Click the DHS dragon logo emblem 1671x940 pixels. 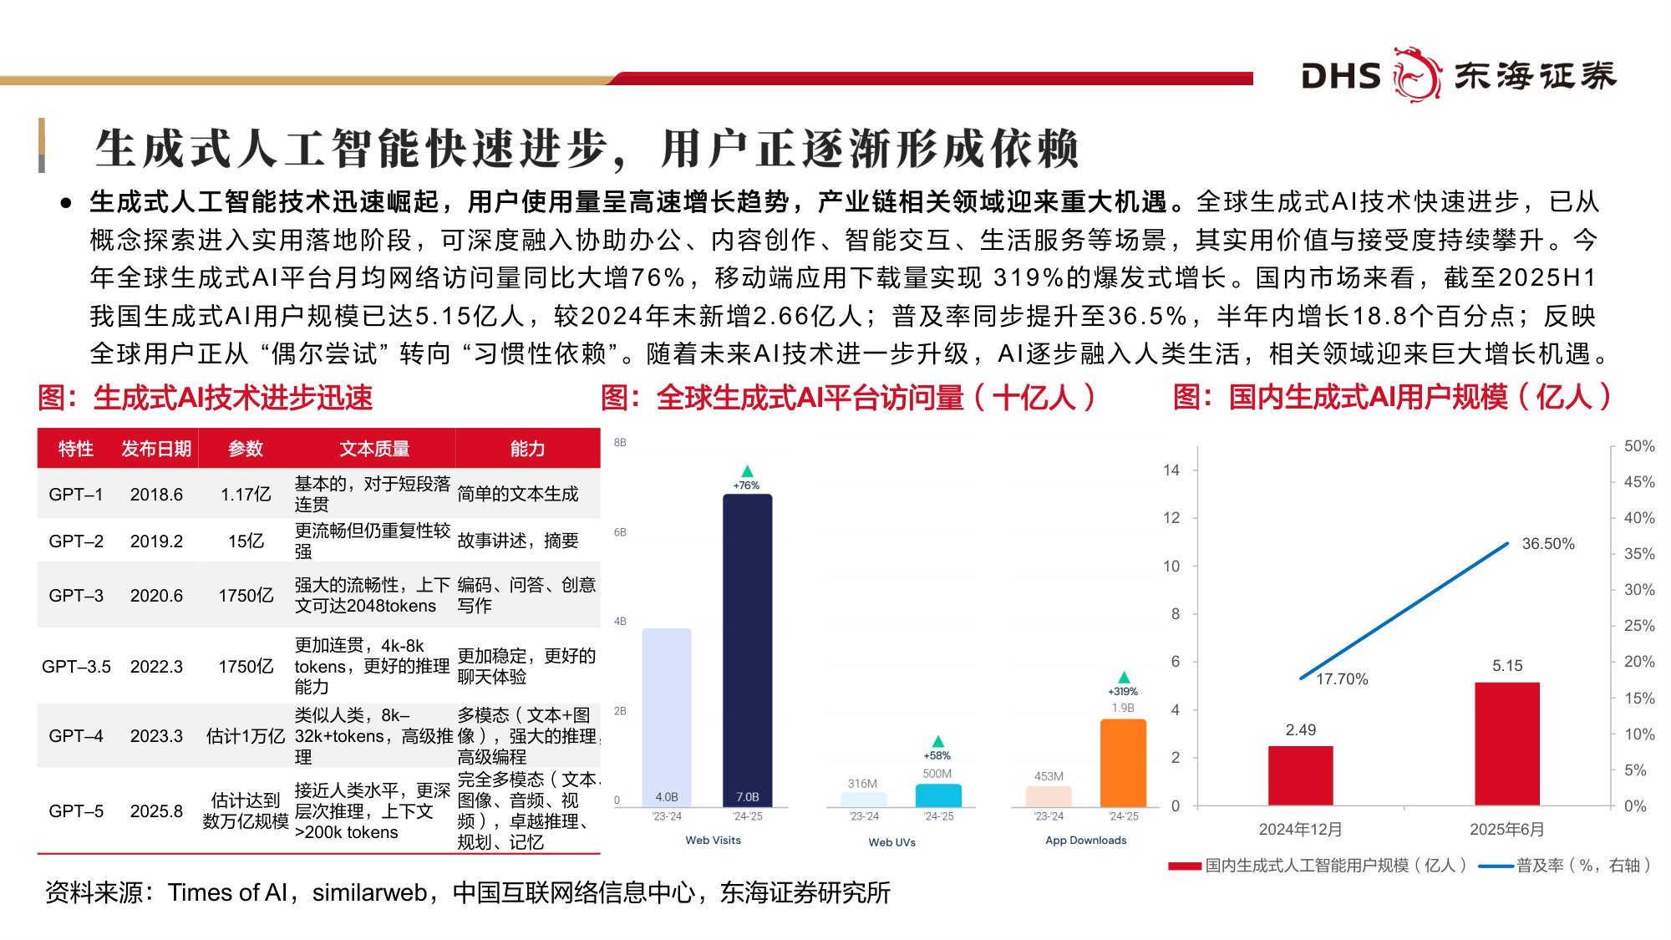[x=1416, y=75]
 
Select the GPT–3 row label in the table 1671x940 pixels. [x=76, y=596]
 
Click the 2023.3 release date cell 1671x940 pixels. [x=156, y=736]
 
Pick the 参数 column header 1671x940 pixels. [x=246, y=449]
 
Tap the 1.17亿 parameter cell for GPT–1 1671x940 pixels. [x=246, y=495]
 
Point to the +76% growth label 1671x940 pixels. [x=746, y=485]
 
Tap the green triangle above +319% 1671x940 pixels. [x=1124, y=677]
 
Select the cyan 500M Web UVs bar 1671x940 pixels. [x=938, y=795]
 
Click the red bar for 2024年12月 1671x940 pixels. [x=1300, y=775]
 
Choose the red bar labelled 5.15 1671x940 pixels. [x=1506, y=744]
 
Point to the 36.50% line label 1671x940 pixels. [x=1547, y=544]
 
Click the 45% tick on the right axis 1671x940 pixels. [x=1638, y=482]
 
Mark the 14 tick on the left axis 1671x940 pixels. [x=1171, y=470]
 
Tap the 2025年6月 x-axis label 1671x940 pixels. [x=1506, y=830]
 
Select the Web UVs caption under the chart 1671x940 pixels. [x=891, y=842]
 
